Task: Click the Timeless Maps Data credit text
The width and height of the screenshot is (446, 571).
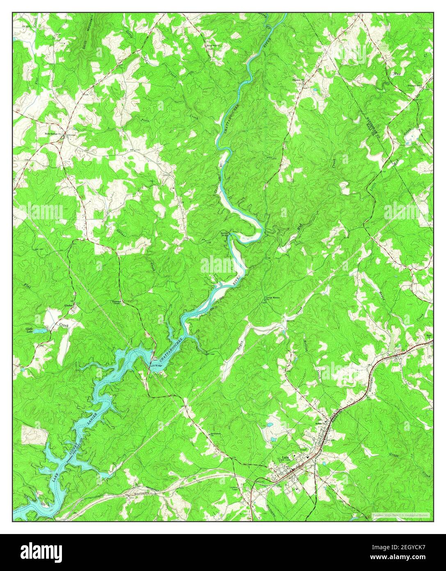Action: (x=400, y=514)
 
